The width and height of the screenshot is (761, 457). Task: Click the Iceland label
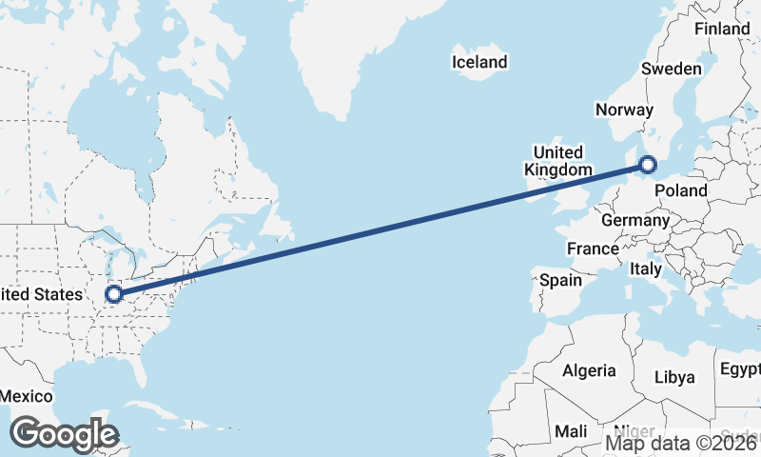click(x=479, y=63)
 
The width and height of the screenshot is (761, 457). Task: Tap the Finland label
click(x=722, y=30)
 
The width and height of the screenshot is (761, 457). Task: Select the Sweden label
click(x=672, y=69)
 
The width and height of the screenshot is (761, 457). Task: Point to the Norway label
click(x=624, y=109)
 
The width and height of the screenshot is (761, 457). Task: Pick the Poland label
click(x=682, y=190)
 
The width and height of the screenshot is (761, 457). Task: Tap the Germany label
click(x=635, y=220)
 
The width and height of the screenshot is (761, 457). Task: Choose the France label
click(x=593, y=248)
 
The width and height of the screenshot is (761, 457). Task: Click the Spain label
click(x=560, y=281)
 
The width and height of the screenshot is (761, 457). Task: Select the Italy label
click(x=646, y=269)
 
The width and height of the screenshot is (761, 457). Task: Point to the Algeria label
click(x=590, y=370)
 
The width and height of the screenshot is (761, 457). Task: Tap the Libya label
click(x=674, y=377)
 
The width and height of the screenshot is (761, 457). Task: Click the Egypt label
click(x=739, y=368)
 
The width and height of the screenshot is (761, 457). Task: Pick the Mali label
click(x=571, y=431)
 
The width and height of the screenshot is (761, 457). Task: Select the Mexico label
click(x=25, y=395)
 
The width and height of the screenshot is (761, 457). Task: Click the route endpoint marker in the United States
click(x=114, y=294)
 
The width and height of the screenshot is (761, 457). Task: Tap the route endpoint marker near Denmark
click(x=648, y=165)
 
